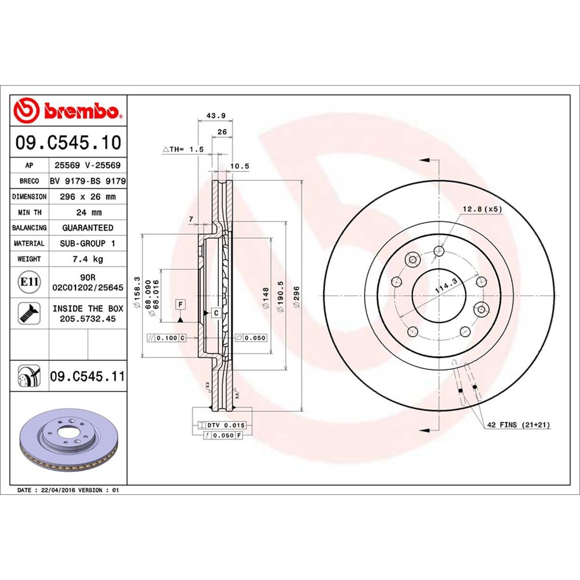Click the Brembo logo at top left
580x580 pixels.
coord(68,111)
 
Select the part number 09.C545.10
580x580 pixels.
coord(68,143)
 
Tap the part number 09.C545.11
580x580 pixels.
coord(87,376)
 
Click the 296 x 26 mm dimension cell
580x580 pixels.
coord(87,197)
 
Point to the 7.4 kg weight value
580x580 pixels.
coord(87,259)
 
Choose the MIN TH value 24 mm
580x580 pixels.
coord(87,212)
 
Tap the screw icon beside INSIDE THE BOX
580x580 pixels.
coord(29,313)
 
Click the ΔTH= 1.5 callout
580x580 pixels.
coord(183,150)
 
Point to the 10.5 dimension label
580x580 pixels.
coord(239,166)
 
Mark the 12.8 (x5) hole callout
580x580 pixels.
coord(482,209)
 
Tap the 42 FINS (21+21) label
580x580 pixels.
coord(519,425)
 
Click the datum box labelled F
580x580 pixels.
coord(180,304)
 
